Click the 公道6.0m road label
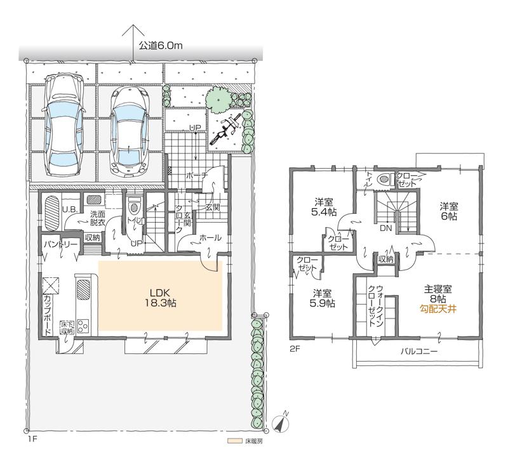point(160,46)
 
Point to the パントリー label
point(60,244)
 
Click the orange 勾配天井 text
point(438,310)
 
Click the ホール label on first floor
point(210,239)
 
